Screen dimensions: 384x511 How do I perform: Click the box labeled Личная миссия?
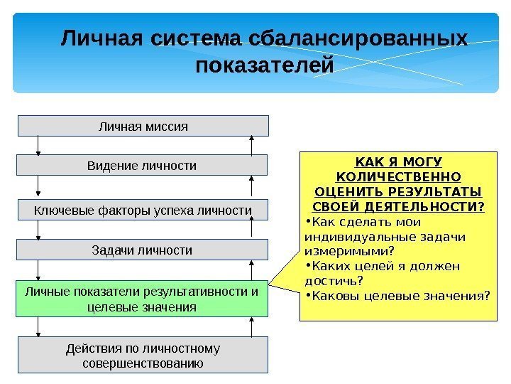click(x=143, y=126)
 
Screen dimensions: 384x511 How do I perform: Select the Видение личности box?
click(x=143, y=166)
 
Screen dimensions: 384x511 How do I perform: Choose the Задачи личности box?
click(x=143, y=250)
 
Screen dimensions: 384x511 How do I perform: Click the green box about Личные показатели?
click(x=143, y=299)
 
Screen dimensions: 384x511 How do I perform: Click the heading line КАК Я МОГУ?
click(x=397, y=161)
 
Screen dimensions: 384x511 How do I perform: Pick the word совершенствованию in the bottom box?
click(x=143, y=363)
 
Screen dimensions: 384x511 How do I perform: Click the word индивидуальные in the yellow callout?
click(x=348, y=237)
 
